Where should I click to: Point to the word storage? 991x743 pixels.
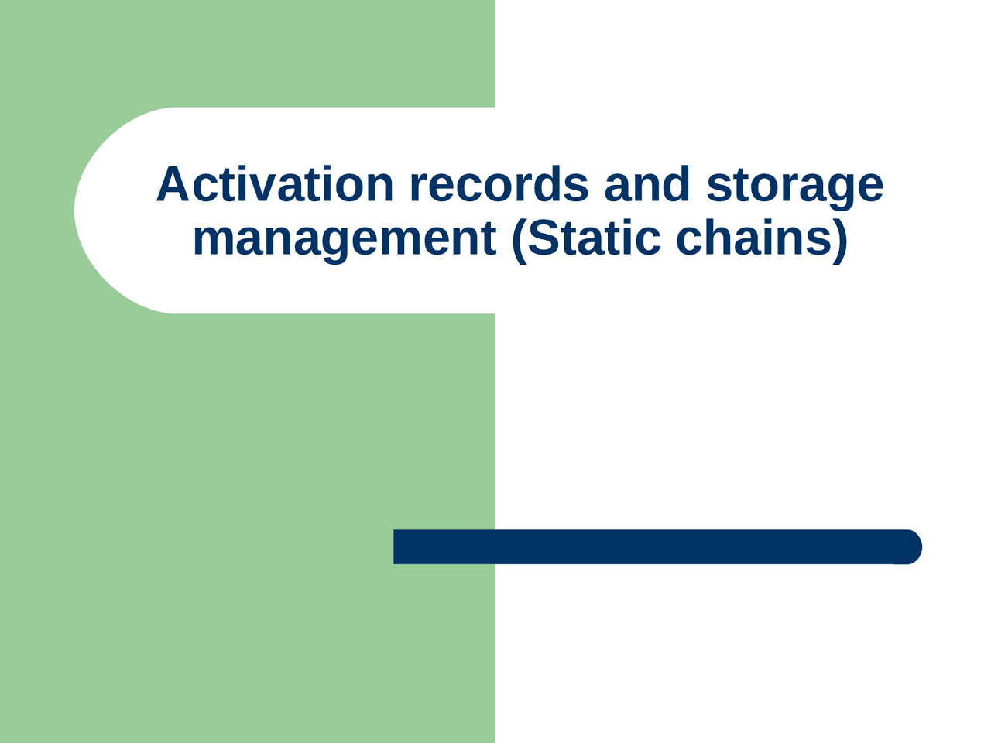(794, 186)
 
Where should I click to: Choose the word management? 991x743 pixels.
(344, 238)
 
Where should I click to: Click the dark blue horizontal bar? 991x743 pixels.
(650, 547)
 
